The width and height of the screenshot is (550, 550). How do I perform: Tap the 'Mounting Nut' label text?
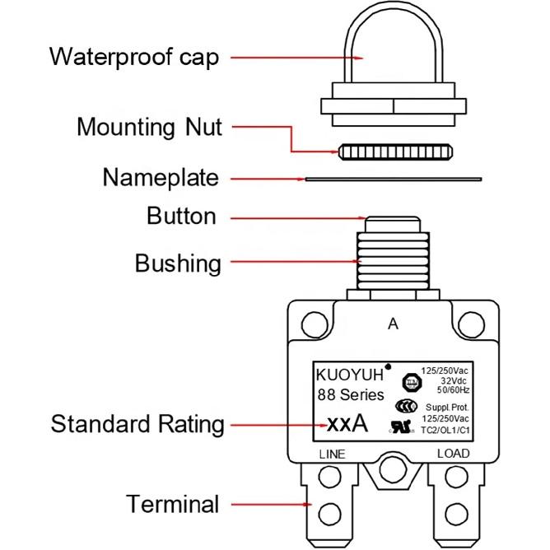pos(149,128)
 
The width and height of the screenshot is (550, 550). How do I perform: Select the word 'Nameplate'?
pos(161,178)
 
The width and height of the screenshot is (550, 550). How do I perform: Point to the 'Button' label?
pos(181,217)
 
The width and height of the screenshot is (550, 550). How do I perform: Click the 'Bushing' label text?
pos(178,264)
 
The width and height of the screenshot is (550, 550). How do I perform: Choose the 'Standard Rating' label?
pos(137,425)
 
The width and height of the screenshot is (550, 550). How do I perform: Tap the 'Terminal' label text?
pos(172,504)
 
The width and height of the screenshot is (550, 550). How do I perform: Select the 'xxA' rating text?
pos(346,425)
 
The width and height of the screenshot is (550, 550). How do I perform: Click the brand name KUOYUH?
pos(349,375)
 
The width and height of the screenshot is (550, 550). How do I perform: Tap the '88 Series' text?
pos(350,394)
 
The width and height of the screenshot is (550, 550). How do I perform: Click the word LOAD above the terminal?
pos(453,454)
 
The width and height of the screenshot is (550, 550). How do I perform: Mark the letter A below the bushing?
pos(393,324)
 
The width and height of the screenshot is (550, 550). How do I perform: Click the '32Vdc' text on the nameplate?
pos(452,381)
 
